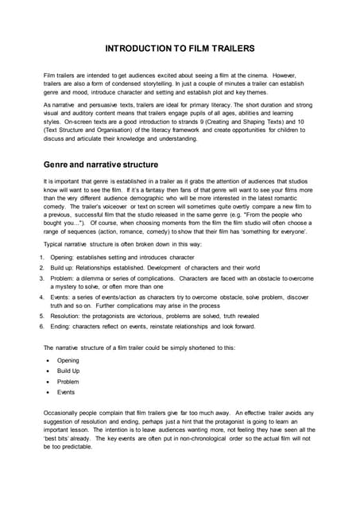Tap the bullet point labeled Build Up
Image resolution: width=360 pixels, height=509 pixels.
click(x=68, y=371)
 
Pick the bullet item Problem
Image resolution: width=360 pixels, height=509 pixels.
click(x=68, y=381)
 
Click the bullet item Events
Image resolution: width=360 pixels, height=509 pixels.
click(x=66, y=392)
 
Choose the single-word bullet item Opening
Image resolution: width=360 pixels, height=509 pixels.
click(x=68, y=359)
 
